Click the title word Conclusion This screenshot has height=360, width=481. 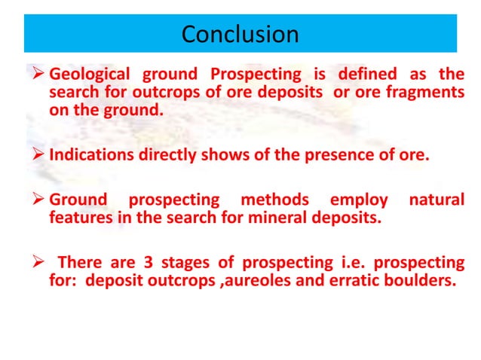[x=240, y=35]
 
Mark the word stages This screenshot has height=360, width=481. [x=176, y=263]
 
